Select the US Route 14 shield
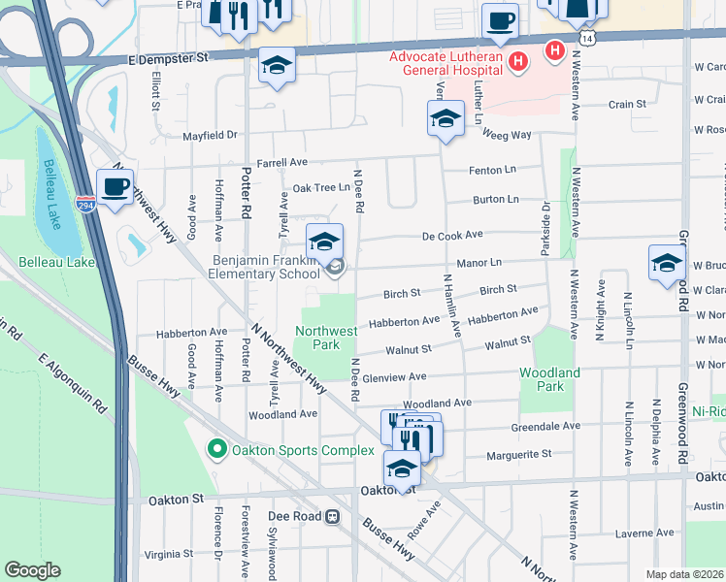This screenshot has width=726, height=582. click(x=588, y=37)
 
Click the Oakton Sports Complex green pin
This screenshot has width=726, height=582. click(x=216, y=449)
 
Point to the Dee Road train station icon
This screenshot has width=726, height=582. click(x=333, y=517)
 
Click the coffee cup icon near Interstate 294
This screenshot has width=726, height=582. click(x=115, y=186)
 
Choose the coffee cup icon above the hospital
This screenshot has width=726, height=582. click(x=500, y=20)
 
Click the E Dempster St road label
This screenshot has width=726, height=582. click(x=169, y=58)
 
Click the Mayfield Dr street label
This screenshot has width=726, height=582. click(x=210, y=136)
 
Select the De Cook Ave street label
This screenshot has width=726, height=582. click(x=452, y=235)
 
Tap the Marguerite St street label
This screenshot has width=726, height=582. click(x=518, y=453)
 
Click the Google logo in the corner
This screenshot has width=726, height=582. click(x=32, y=570)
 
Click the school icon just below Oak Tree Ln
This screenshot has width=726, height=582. click(x=324, y=242)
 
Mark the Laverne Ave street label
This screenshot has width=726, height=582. click(x=645, y=533)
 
